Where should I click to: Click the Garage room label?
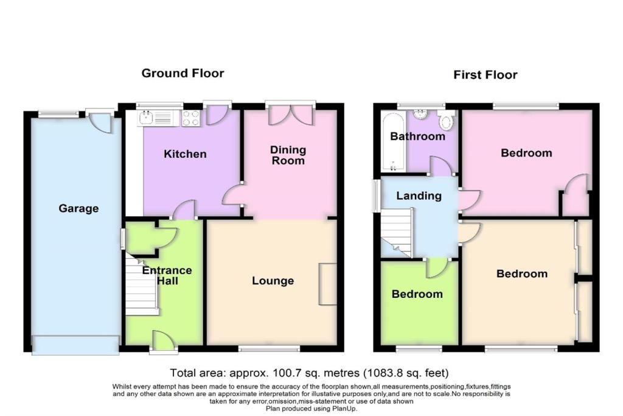78,209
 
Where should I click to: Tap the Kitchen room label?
185,154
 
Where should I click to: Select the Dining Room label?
288,155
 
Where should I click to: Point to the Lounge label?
273,281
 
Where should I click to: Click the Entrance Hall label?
167,275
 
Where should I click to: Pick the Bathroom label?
417,136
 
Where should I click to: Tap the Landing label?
419,196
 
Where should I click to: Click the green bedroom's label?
417,294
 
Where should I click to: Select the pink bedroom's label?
526,153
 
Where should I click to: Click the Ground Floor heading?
183,74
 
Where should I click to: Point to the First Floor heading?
485,76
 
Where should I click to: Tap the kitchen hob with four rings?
191,118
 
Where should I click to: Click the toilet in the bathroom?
447,121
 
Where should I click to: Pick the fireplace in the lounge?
327,284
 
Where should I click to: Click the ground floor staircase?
141,284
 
